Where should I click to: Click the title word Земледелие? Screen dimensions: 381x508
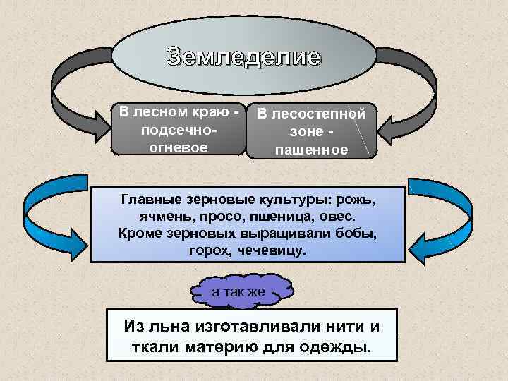tap(243, 57)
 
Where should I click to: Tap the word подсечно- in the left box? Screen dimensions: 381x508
tap(179, 131)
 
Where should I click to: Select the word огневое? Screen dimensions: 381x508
tap(179, 147)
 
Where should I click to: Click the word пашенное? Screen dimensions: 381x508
tap(311, 150)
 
